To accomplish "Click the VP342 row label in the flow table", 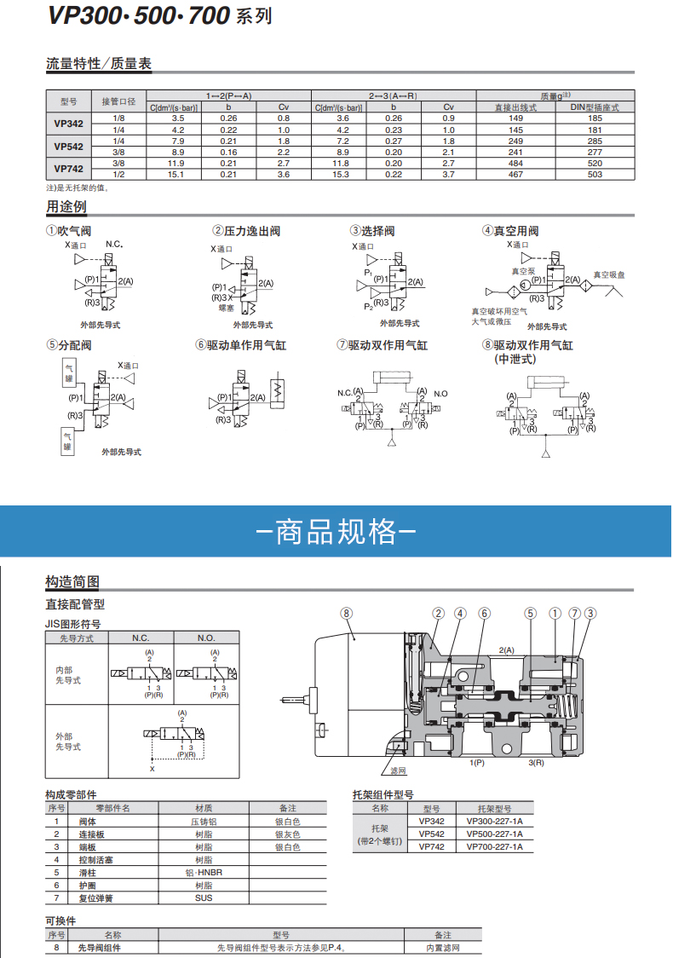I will tap(68, 124).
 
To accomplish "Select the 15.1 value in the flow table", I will tap(178, 174).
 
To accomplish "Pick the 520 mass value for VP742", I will tap(595, 163).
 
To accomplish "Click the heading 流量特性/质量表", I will tap(98, 64).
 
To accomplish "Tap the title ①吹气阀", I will tap(68, 231).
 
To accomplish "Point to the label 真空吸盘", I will tap(608, 275).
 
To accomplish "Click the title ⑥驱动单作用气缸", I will tap(240, 345).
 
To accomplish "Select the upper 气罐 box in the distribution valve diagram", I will tap(68, 372).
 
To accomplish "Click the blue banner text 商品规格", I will tap(336, 531).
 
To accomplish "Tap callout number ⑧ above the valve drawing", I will tap(346, 613).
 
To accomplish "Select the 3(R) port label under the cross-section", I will tap(536, 762).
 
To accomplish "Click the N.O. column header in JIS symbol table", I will tap(206, 638).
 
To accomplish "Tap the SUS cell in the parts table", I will tap(204, 897).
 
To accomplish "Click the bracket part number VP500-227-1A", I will tap(494, 834).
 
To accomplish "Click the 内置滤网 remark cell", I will tap(443, 947).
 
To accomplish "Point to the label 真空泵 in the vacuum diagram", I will tap(523, 271).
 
